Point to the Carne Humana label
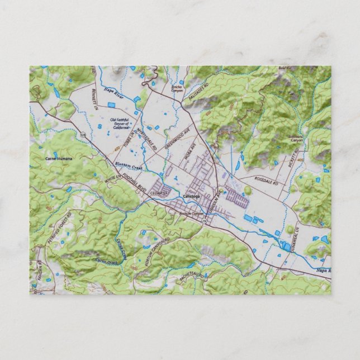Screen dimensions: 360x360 (x=59, y=159)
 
